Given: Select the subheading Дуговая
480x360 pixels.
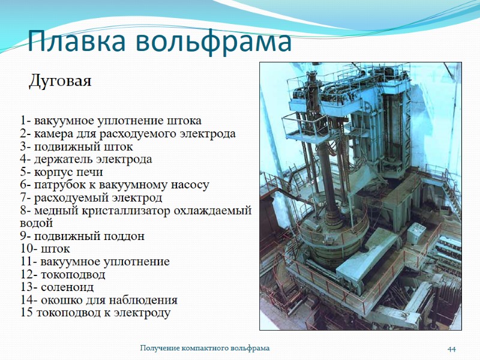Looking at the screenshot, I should pos(60,81).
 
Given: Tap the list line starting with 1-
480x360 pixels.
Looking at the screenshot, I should pos(110,120).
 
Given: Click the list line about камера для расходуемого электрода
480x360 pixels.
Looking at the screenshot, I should pos(127,133).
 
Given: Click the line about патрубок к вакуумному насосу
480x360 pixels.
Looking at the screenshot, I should pos(114,185).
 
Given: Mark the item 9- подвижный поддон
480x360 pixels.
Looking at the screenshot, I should pos(82,236).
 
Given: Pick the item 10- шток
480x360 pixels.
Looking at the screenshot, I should pos(45,248).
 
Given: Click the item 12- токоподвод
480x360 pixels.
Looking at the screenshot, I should pos(62,275).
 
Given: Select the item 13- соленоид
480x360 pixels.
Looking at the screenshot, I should pos(57,287).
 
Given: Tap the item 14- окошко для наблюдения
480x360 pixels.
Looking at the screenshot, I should pos(99,300).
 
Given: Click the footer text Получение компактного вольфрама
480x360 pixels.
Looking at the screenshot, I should pos(205,348).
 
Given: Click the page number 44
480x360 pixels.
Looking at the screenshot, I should pos(452,349).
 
